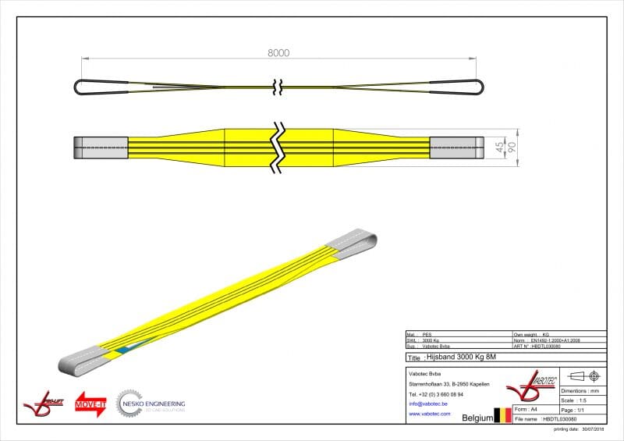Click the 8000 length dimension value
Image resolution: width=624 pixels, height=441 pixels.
tap(278, 53)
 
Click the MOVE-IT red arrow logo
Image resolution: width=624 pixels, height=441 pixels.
tap(90, 404)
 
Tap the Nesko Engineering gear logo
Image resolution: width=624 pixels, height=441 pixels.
tap(129, 404)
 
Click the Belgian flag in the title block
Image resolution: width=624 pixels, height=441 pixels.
tap(502, 417)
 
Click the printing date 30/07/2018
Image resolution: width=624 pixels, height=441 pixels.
tap(580, 429)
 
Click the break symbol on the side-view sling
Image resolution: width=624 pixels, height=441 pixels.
tap(277, 86)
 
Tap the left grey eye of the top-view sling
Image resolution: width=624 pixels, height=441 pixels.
tap(101, 147)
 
